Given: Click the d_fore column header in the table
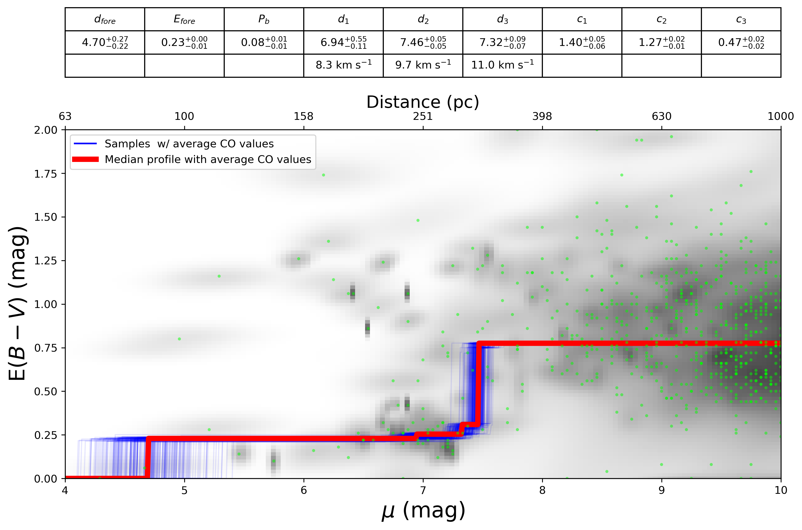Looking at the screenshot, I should (105, 20).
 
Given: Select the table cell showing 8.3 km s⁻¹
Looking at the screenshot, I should (343, 65).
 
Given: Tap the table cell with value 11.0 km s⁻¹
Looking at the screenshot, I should (502, 65).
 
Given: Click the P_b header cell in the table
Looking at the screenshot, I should (263, 20).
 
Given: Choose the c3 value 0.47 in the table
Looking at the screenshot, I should (741, 43).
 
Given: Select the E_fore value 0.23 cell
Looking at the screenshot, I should (184, 43).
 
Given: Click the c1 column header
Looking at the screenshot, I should (582, 20).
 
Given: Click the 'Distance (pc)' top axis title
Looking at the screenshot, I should (423, 102).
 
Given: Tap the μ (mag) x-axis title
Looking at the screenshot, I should (423, 511).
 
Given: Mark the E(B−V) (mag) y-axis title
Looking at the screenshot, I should (17, 304).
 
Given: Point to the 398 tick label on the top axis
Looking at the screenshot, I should (542, 117).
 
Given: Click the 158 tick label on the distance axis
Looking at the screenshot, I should (303, 117).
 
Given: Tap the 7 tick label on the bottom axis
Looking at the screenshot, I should (423, 490).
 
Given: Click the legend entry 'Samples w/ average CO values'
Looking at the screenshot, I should (189, 144).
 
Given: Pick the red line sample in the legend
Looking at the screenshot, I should (85, 159).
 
